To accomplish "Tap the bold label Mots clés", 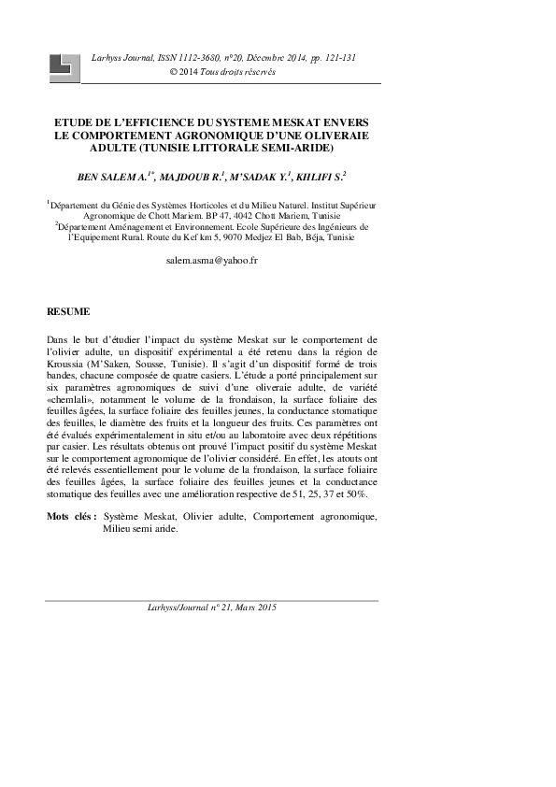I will [71, 516].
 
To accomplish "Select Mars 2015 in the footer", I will [258, 607].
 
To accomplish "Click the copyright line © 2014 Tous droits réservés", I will [221, 72].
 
